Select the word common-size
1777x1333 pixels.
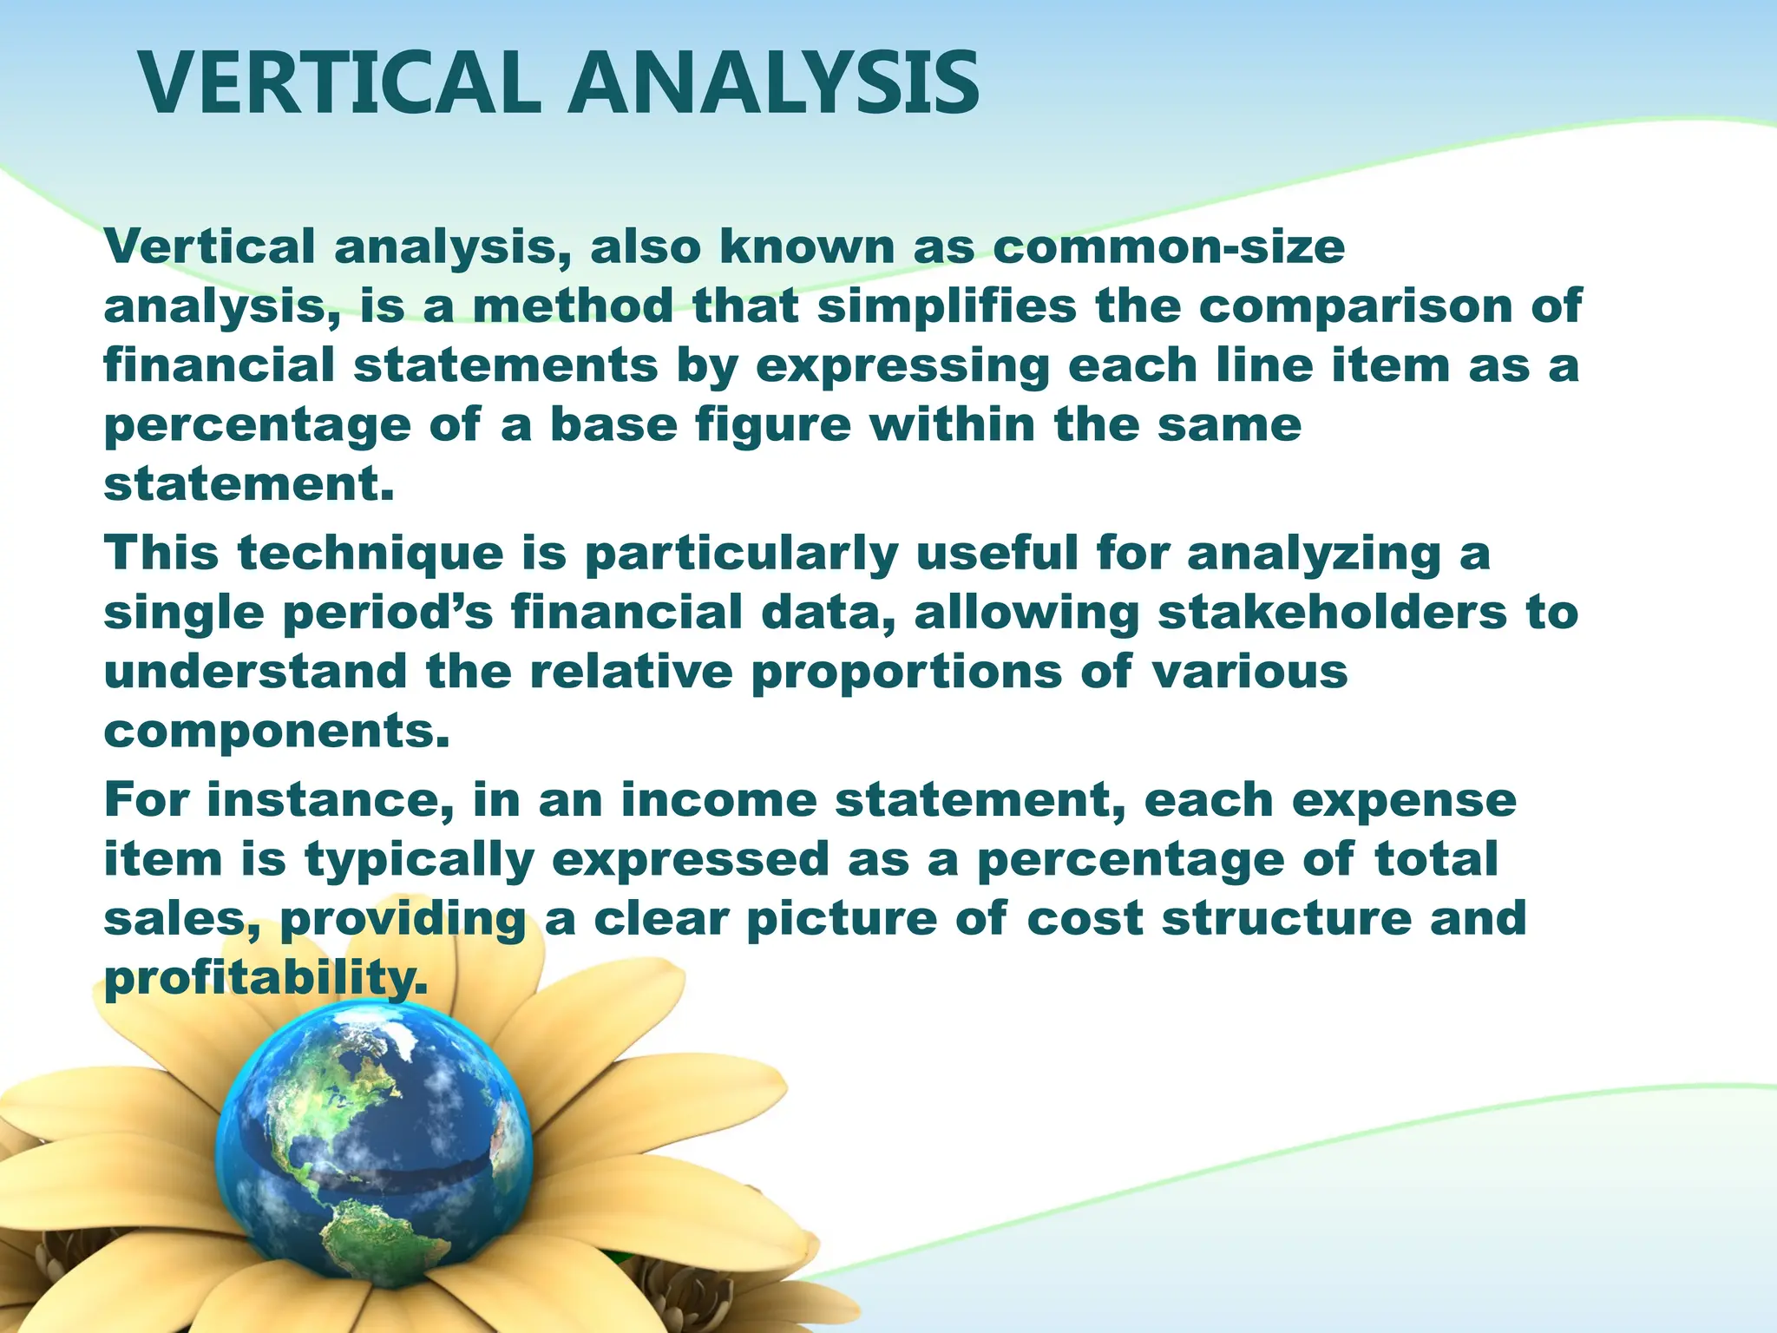pos(1168,247)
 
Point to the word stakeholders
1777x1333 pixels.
pos(1333,613)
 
